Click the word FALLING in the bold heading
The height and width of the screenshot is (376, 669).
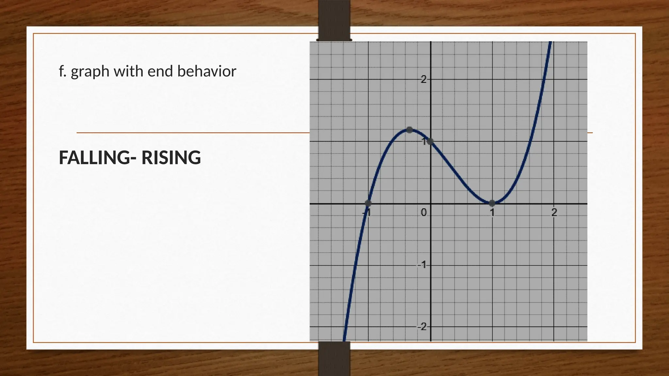(94, 158)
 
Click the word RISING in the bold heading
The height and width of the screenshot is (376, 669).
(171, 158)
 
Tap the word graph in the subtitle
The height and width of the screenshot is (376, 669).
(90, 71)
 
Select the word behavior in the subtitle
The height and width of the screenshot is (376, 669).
(206, 71)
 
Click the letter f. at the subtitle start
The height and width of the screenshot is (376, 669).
(62, 71)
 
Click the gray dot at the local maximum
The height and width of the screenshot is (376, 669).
(409, 130)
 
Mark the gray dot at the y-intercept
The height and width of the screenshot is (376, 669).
(430, 141)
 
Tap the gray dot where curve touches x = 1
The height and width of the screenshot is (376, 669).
(492, 203)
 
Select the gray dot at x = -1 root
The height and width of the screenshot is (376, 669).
(368, 203)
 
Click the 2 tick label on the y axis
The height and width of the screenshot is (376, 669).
(424, 79)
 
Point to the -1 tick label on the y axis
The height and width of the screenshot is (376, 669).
(422, 265)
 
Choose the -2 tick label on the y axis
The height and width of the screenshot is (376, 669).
(422, 326)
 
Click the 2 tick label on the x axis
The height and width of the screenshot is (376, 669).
(554, 213)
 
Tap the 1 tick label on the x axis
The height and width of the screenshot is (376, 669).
(492, 213)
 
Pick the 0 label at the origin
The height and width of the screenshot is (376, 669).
(424, 213)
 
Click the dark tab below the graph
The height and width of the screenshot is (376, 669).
(334, 358)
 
